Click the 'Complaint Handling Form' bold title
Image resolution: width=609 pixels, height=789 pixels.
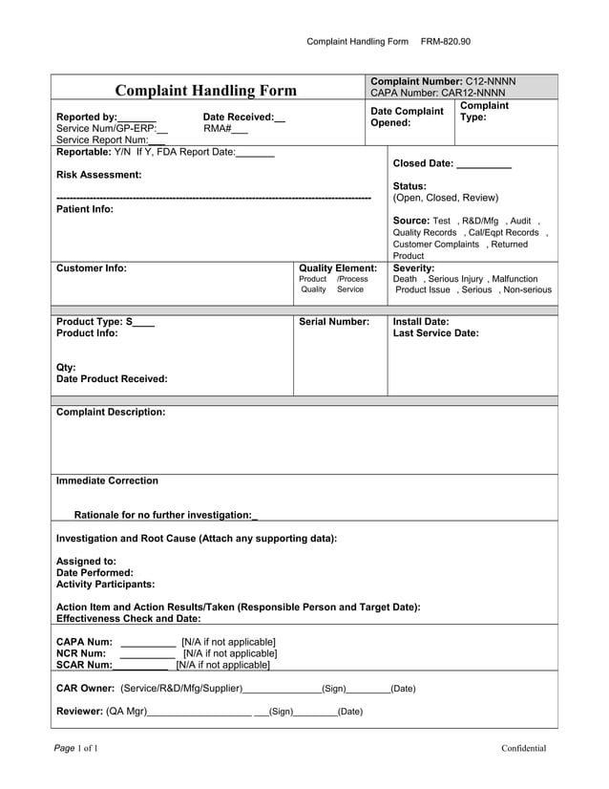pos(205,91)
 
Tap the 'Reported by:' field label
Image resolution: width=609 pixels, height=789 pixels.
pos(87,117)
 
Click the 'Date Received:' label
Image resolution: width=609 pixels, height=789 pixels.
pos(238,117)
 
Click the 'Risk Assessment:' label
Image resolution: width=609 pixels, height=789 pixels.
pos(99,175)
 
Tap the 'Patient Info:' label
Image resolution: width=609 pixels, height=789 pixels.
pos(85,209)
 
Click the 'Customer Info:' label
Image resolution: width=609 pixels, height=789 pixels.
pos(92,268)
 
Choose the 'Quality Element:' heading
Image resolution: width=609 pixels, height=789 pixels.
pos(338,268)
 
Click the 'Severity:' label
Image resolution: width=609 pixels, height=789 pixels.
pos(413,268)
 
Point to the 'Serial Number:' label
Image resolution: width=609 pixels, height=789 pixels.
pos(334,322)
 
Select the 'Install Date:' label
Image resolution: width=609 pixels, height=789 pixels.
pos(421,322)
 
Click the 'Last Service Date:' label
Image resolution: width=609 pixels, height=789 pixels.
pos(436,333)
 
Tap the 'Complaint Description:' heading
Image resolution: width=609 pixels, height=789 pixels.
pos(111,412)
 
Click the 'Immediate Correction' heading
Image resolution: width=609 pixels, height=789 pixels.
pos(108,480)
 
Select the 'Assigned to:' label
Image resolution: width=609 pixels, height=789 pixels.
pos(87,562)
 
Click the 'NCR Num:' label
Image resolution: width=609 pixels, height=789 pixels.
pos(81,653)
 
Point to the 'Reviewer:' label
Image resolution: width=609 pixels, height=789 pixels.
pos(80,711)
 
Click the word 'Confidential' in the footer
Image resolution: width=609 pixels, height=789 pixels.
pos(524,748)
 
